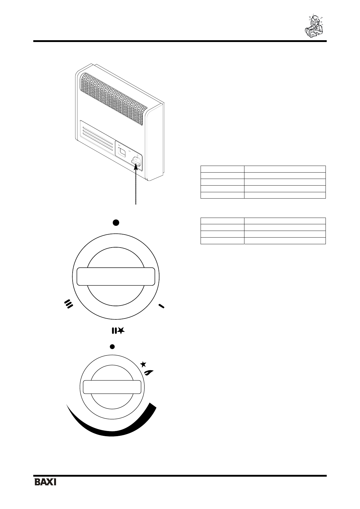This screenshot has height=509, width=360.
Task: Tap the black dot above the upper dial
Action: pyautogui.click(x=116, y=223)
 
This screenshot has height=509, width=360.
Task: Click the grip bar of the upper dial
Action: pyautogui.click(x=116, y=276)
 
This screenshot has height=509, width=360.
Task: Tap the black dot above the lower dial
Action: pyautogui.click(x=112, y=346)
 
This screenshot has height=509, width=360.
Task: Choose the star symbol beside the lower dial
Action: pyautogui.click(x=144, y=364)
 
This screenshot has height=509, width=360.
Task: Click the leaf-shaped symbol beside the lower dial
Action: pyautogui.click(x=149, y=373)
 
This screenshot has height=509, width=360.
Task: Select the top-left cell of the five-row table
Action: pyautogui.click(x=222, y=169)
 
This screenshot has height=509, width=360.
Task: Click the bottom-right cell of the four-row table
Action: pyautogui.click(x=285, y=241)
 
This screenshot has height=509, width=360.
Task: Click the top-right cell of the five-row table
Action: pyautogui.click(x=285, y=169)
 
